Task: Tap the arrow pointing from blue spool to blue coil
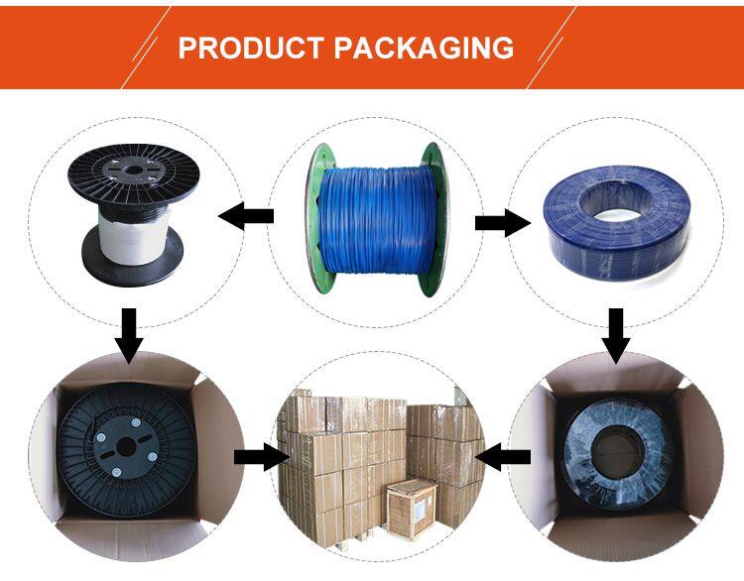502,223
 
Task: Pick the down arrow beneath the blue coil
616,334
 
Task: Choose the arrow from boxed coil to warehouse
504,457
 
